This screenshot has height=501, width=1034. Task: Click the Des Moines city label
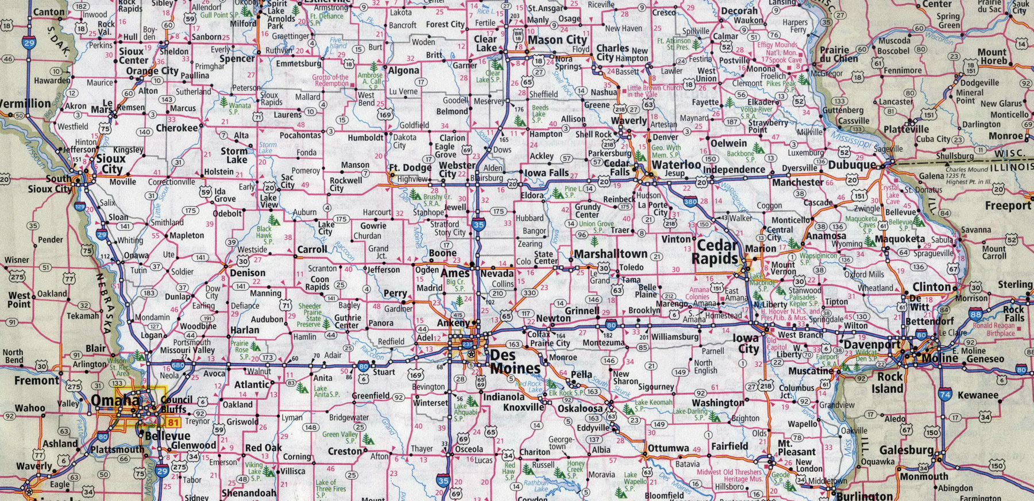point(515,362)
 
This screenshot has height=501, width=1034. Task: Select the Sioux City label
point(110,163)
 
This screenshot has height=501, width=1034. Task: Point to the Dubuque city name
point(852,165)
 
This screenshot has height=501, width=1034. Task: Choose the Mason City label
point(557,40)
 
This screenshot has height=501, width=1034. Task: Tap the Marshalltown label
point(611,253)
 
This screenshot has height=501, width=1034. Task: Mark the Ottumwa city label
point(668,448)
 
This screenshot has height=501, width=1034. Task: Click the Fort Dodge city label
point(410,168)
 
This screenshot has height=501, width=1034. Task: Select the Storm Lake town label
point(234,155)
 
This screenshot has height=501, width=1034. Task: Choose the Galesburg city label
point(906,450)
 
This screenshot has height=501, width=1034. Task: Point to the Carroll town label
point(312,250)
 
